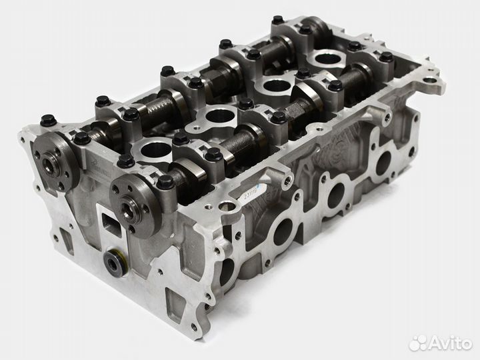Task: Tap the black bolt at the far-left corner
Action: (x=48, y=121)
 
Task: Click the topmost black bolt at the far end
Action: (x=277, y=21)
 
